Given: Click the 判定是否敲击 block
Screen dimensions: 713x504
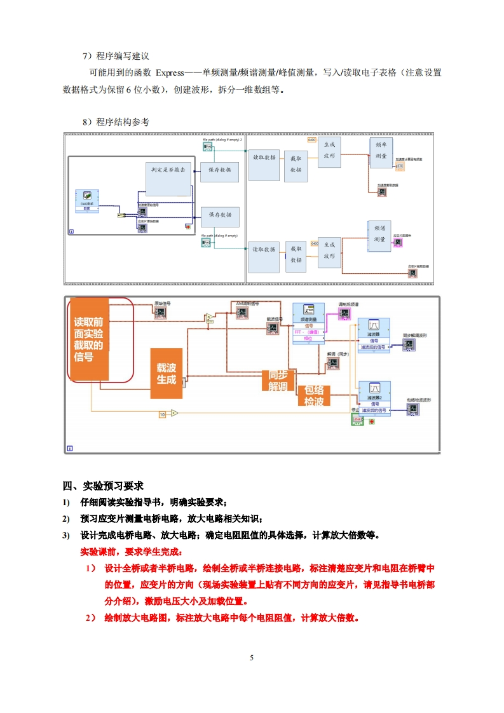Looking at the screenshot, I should point(168,179).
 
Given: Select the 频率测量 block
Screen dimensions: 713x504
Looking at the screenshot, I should point(381,151).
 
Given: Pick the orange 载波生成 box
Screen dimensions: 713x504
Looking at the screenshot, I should point(166,374).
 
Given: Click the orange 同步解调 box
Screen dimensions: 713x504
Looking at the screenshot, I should point(278,379).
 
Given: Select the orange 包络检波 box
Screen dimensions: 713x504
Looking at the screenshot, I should point(314,395).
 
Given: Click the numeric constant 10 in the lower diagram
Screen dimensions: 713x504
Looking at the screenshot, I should point(162,414).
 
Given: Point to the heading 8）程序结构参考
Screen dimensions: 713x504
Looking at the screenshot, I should point(115,122).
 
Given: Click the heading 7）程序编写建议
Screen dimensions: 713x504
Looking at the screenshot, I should point(115,56).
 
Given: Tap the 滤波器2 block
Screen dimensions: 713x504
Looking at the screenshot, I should point(374,395).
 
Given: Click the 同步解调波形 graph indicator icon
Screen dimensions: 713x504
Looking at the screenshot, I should point(396,344).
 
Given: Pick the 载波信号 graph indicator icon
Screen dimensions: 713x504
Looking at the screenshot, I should point(272,329).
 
